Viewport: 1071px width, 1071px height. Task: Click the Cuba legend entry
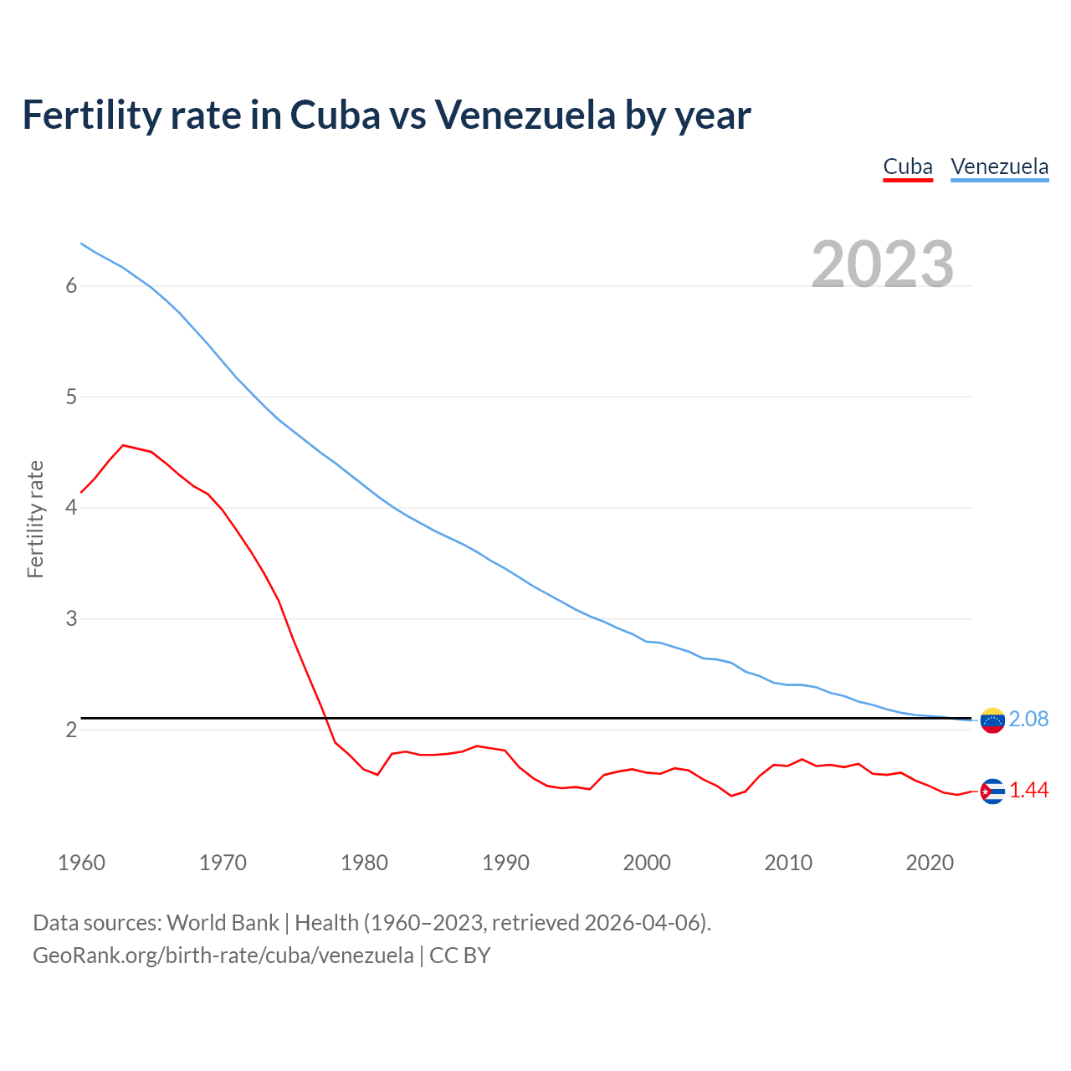click(908, 167)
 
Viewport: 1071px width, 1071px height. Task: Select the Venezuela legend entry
click(999, 167)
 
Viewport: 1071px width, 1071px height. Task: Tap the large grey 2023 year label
click(883, 264)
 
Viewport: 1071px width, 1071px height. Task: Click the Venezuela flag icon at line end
click(992, 720)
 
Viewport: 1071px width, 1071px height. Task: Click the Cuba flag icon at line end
click(992, 791)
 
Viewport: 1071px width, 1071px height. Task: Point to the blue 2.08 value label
click(1028, 719)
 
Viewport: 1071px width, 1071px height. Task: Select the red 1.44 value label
click(1028, 790)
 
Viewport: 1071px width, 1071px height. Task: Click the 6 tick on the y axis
click(71, 286)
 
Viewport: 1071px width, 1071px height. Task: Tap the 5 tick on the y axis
click(71, 397)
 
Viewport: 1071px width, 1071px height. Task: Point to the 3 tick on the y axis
click(71, 619)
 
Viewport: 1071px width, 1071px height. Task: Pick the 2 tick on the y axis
click(71, 730)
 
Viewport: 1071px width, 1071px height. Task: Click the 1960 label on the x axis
click(81, 863)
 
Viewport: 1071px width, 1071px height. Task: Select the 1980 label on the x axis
click(364, 863)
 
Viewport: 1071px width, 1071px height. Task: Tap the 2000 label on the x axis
click(647, 863)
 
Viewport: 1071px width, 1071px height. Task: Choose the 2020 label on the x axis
click(930, 863)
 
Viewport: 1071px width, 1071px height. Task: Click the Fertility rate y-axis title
click(35, 519)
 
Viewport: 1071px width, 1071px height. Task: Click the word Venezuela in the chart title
click(524, 115)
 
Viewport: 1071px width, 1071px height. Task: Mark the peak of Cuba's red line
click(123, 445)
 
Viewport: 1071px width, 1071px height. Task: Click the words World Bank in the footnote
click(223, 923)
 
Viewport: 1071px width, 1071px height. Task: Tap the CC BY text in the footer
click(459, 956)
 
